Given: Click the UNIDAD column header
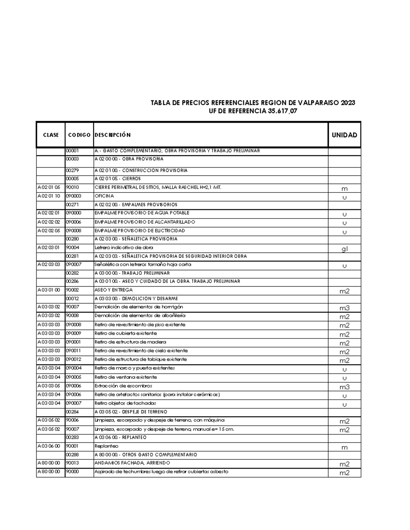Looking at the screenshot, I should coord(344,135).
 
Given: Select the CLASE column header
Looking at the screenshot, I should coord(51,135).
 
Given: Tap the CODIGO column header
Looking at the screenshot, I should coord(79,135).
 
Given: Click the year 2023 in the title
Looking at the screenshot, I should coord(348,103).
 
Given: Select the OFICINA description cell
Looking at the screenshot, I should coord(104,196).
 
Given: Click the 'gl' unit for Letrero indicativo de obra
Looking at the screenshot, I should coord(344,249).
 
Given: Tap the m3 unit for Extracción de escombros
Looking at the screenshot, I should coord(344,387).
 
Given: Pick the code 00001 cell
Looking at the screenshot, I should coord(72,151).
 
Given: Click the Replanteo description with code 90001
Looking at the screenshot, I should coord(106,446).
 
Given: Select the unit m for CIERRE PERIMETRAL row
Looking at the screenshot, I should coord(344,189).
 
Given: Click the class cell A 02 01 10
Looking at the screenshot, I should coord(49,196).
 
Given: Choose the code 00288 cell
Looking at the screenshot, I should coord(72,455).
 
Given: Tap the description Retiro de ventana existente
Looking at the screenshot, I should coord(125,377).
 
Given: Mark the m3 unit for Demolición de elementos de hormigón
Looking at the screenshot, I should coord(344,308).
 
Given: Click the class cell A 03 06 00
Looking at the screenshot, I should coord(49,446).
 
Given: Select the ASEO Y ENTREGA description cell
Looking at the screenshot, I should coord(113,290).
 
